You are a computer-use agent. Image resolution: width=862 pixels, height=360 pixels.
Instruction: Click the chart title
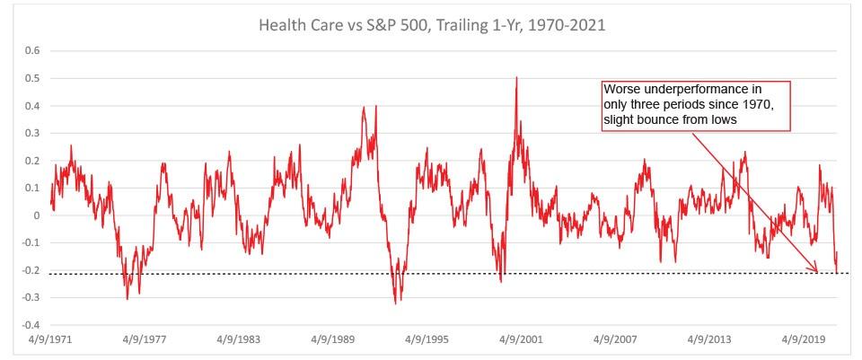(432, 25)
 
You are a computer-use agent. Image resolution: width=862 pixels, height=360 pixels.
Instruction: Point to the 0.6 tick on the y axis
(32, 51)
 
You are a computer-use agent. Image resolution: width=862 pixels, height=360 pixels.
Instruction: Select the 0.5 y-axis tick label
(32, 79)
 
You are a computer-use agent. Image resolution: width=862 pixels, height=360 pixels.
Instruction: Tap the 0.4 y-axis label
(32, 106)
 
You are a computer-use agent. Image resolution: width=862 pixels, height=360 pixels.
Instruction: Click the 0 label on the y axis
(37, 215)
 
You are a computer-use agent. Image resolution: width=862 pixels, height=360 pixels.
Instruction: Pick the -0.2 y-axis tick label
(31, 270)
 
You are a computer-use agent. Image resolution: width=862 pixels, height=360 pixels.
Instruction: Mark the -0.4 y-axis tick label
(31, 325)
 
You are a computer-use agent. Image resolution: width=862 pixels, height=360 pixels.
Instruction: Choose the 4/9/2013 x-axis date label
(714, 341)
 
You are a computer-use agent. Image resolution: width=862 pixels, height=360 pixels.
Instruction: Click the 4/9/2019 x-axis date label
(809, 341)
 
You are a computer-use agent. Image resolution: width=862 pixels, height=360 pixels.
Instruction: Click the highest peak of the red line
(516, 78)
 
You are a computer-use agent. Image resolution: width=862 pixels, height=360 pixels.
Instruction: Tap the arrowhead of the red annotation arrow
(818, 270)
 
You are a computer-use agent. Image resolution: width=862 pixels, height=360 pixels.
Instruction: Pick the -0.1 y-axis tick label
(31, 243)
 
